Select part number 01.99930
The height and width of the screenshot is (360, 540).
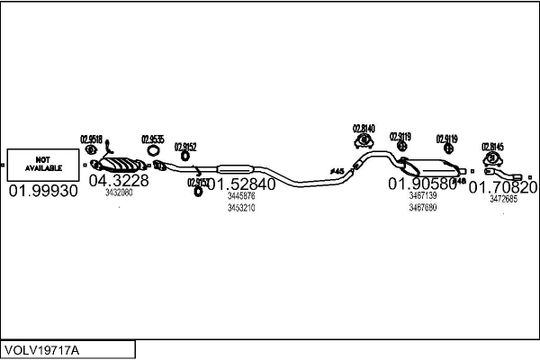pos(43,192)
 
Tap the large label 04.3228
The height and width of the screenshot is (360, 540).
pos(118,180)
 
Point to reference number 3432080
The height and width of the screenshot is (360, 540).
pos(118,193)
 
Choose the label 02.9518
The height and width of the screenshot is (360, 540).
pos(91,139)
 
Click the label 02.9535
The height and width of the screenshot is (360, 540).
pos(152,139)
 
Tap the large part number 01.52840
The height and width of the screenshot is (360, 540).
pos(240,184)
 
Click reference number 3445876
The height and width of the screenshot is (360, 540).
pos(240,195)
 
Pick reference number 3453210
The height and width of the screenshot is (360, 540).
pos(240,208)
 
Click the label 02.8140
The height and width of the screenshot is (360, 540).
pos(364,128)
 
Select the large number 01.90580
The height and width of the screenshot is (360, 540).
pos(422,184)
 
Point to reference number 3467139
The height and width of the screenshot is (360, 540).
pos(422,195)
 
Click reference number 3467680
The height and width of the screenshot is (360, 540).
pos(422,208)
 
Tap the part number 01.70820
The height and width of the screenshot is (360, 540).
pos(503,188)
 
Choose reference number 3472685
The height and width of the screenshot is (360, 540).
pos(503,200)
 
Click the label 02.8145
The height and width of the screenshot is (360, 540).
pos(492,146)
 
